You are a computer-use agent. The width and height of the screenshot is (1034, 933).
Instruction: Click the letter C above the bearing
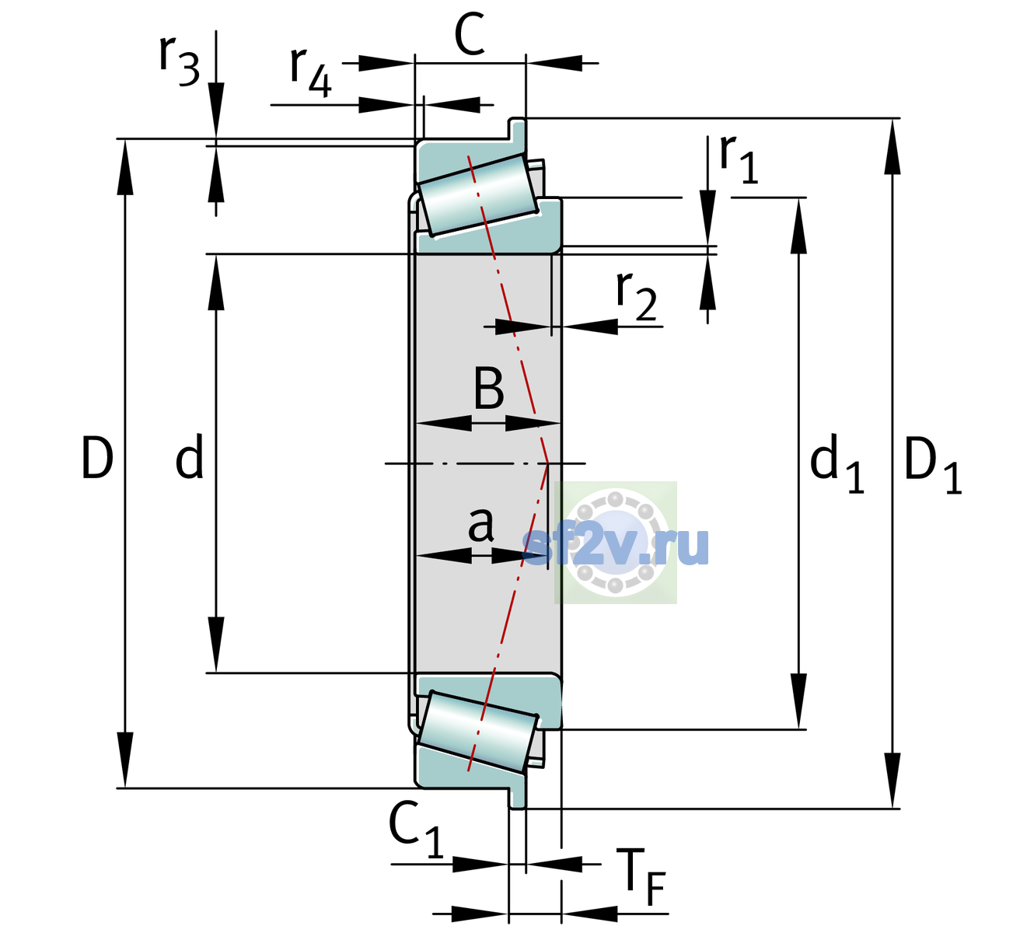tap(470, 34)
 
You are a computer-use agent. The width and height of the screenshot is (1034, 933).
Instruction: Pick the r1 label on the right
tap(739, 159)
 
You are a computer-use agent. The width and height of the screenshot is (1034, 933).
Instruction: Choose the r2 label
tap(636, 296)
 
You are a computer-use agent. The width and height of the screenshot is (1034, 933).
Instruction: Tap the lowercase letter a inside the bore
tap(480, 524)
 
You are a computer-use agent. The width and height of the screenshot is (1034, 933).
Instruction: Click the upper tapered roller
tap(478, 195)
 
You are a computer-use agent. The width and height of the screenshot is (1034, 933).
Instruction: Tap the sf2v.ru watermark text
tap(616, 545)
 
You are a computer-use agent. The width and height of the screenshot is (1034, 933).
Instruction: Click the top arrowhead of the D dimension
tap(124, 167)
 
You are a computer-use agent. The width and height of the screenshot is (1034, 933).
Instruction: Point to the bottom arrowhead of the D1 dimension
tap(893, 780)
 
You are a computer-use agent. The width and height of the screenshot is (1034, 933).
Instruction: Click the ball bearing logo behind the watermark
tap(616, 543)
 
